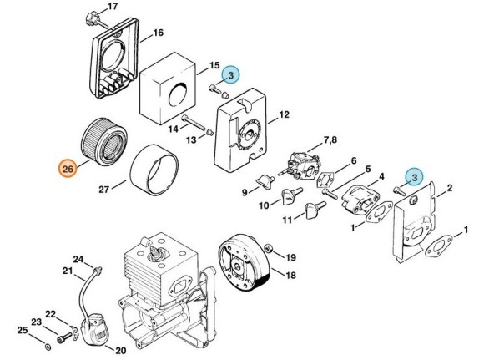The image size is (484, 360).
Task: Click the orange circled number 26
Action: [x=68, y=169]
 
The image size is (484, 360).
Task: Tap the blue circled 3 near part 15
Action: [x=230, y=75]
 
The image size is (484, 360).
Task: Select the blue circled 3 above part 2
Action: [x=415, y=177]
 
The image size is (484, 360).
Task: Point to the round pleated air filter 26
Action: [x=104, y=144]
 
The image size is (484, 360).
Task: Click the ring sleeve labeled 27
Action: [x=154, y=170]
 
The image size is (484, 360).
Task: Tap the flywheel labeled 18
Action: [x=244, y=264]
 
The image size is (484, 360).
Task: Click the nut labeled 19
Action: [x=267, y=248]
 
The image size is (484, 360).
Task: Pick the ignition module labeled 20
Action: [x=94, y=330]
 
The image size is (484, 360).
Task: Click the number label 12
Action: [x=284, y=115]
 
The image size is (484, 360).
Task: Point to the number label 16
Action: [x=158, y=33]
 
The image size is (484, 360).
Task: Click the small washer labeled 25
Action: [x=48, y=347]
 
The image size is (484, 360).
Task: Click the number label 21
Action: [x=68, y=271]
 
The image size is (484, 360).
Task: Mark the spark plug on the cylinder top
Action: [x=157, y=256]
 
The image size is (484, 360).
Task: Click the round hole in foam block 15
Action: [x=178, y=93]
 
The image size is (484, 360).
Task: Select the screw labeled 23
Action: [x=63, y=338]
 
